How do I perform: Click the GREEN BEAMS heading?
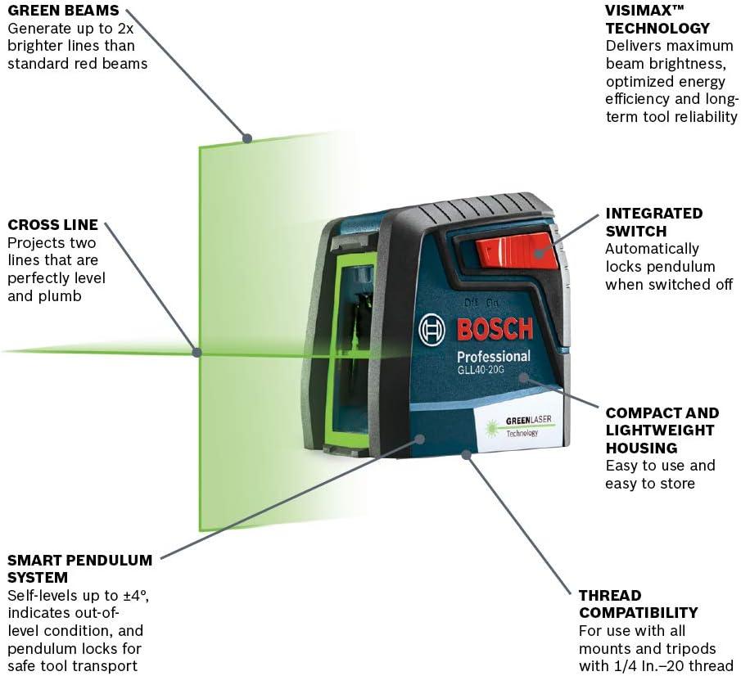[x=63, y=10]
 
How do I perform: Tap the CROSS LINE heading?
[x=53, y=224]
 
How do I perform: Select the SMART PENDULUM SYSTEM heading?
[x=80, y=569]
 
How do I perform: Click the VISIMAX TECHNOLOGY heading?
[x=657, y=19]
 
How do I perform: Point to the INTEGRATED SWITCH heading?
[x=654, y=222]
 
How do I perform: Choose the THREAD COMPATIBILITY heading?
[x=639, y=604]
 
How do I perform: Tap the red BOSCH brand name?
[x=495, y=329]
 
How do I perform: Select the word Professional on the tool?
[x=494, y=357]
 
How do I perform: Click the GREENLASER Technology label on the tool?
[x=522, y=426]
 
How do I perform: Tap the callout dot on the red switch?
[x=539, y=253]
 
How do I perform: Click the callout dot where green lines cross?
[x=197, y=352]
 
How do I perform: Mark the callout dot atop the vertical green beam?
[x=247, y=138]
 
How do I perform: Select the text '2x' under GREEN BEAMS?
[x=125, y=29]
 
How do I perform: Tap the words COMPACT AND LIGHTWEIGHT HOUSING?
[x=662, y=430]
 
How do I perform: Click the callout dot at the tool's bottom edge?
[x=467, y=455]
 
